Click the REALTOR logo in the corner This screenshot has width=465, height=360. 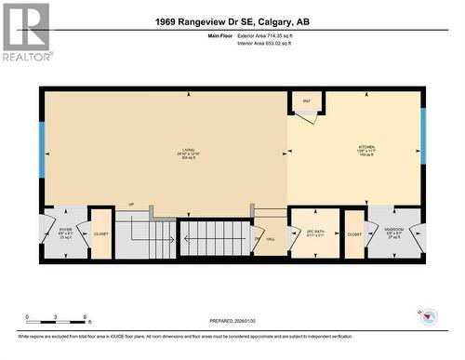click(26, 33)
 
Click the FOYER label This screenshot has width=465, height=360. click(65, 230)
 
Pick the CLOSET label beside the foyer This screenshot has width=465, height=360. click(100, 234)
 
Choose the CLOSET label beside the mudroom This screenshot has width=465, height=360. click(353, 234)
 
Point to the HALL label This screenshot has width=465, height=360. click(270, 239)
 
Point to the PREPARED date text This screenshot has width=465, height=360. click(232, 323)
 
